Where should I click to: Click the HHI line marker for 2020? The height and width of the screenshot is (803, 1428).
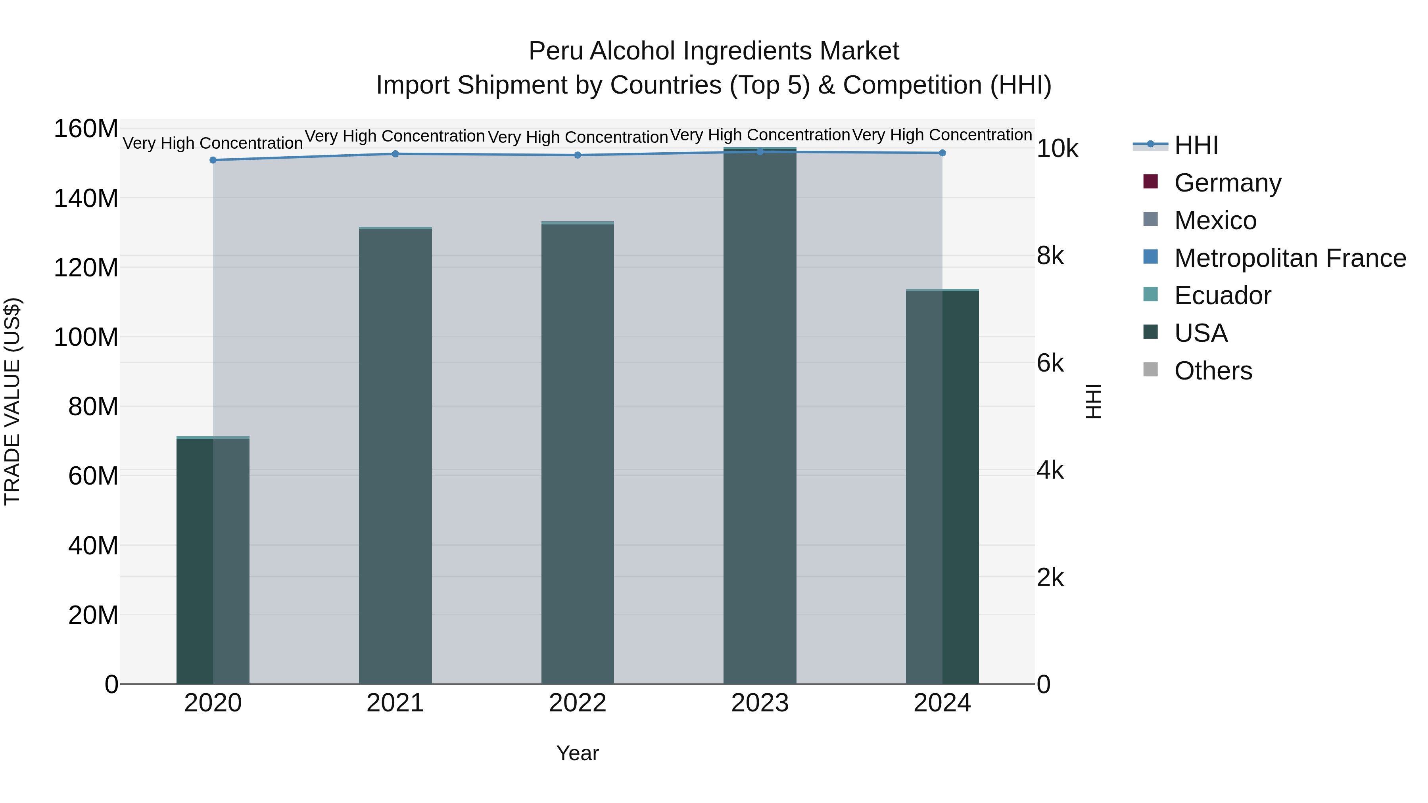(x=213, y=160)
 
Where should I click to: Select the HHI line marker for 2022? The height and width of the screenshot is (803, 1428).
(x=578, y=155)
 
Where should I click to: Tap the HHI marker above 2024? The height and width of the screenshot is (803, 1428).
(x=942, y=153)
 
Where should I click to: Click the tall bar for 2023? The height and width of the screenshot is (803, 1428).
(x=760, y=416)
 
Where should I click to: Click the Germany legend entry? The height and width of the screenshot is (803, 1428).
(x=1227, y=183)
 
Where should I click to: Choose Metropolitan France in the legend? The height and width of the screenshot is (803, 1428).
(x=1290, y=258)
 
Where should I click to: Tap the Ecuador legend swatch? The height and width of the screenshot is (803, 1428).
(x=1151, y=294)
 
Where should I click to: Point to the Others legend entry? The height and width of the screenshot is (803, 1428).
(x=1213, y=371)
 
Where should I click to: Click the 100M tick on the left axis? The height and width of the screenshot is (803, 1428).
(x=86, y=337)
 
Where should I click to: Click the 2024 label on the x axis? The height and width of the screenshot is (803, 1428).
(x=942, y=703)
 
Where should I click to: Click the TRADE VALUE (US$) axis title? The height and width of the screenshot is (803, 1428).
(x=12, y=401)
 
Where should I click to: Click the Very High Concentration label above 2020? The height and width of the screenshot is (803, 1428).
(x=213, y=143)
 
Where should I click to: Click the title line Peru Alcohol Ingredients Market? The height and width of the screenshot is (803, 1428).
(x=714, y=51)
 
